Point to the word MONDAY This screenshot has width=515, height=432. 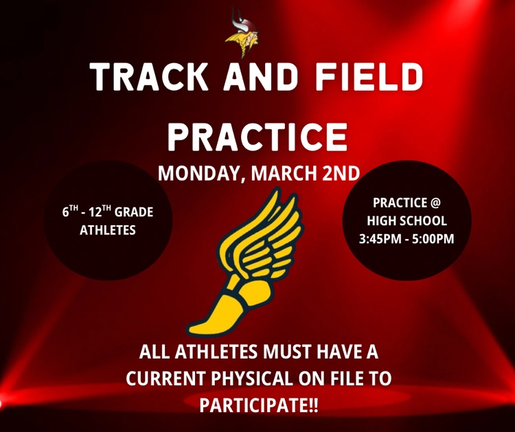pyautogui.click(x=197, y=172)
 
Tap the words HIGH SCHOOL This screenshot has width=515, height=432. pyautogui.click(x=407, y=221)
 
